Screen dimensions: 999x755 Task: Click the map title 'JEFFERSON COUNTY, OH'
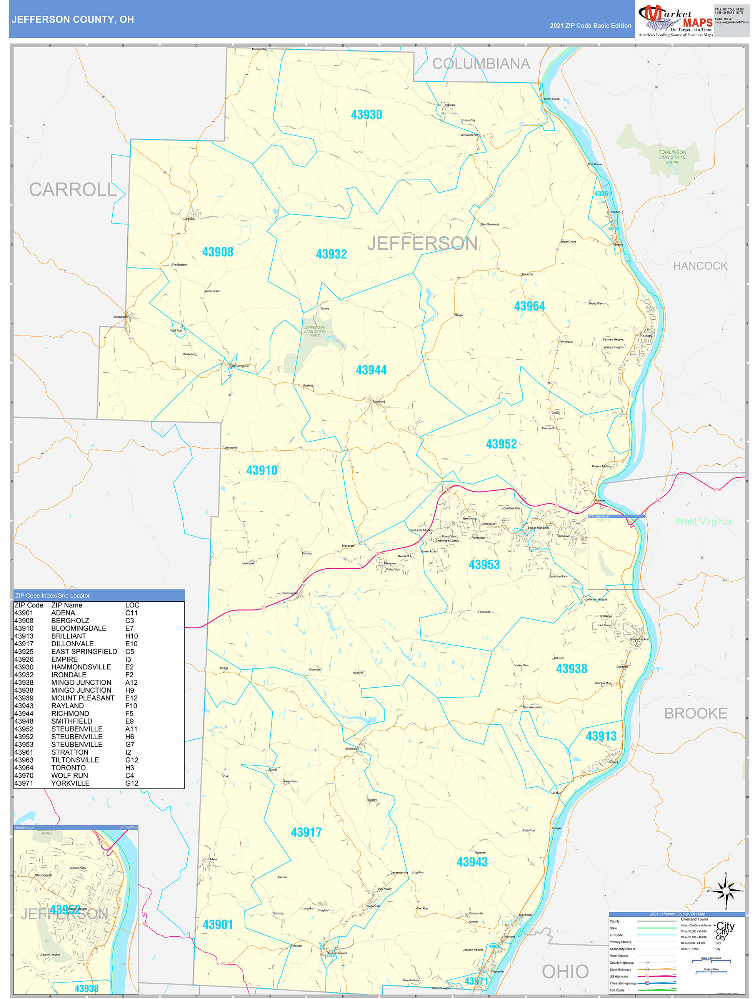pyautogui.click(x=73, y=20)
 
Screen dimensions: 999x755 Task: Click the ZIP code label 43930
pyautogui.click(x=366, y=115)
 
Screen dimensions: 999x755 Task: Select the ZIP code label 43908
pyautogui.click(x=217, y=252)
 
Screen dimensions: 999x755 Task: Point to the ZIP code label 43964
pyautogui.click(x=529, y=306)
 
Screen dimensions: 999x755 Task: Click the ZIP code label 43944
pyautogui.click(x=371, y=370)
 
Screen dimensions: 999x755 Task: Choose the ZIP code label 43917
pyautogui.click(x=306, y=832)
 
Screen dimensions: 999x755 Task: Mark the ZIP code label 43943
pyautogui.click(x=472, y=862)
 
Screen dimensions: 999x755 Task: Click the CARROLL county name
pyautogui.click(x=73, y=190)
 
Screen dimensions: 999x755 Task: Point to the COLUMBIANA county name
pyautogui.click(x=481, y=64)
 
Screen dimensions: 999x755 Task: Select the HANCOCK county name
pyautogui.click(x=700, y=266)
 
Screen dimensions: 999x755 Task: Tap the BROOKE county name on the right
pyautogui.click(x=695, y=713)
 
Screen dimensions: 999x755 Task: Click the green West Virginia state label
pyautogui.click(x=703, y=521)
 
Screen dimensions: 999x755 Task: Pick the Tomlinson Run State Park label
pyautogui.click(x=672, y=157)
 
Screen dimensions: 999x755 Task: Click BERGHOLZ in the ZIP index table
pyautogui.click(x=70, y=621)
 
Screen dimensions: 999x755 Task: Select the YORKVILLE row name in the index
pyautogui.click(x=70, y=783)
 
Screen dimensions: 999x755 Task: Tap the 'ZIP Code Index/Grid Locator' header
pyautogui.click(x=52, y=595)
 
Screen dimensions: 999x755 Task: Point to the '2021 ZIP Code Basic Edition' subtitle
pyautogui.click(x=590, y=26)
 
